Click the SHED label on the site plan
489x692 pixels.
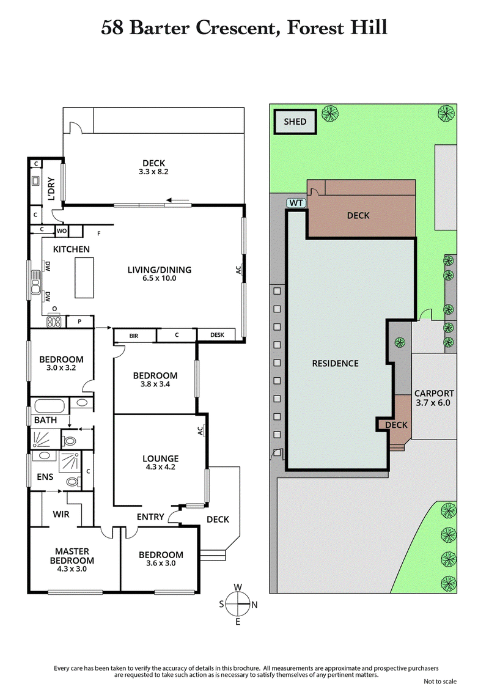295,122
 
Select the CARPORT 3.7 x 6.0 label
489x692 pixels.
434,398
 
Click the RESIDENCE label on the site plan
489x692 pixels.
335,363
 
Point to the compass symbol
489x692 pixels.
238,604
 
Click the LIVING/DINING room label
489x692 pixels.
159,273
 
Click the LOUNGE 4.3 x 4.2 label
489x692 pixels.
160,463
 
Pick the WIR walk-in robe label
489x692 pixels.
61,514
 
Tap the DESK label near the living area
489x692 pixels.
217,335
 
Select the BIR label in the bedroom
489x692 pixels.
134,336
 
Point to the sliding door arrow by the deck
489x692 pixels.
179,199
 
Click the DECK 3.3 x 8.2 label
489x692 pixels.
154,167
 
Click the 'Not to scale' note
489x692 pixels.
439,681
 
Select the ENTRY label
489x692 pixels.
150,517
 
